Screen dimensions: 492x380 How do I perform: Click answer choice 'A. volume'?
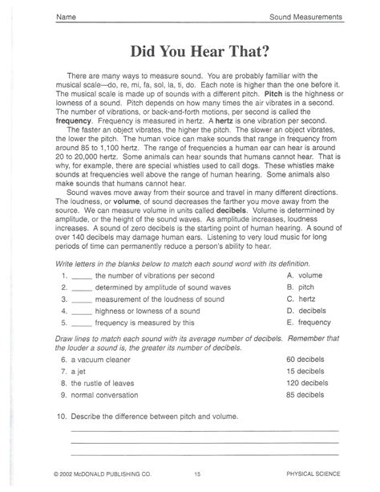coord(304,274)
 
